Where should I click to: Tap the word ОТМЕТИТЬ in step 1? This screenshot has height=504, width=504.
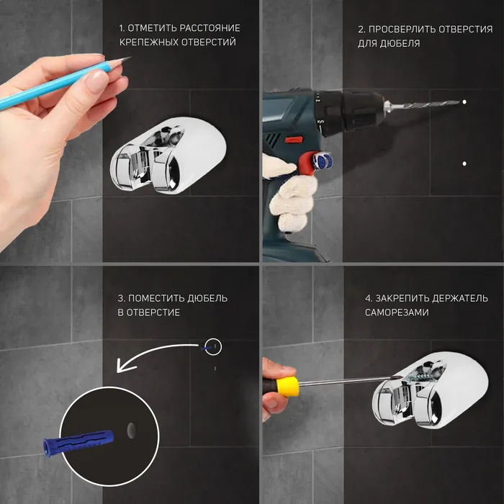[x=152, y=28]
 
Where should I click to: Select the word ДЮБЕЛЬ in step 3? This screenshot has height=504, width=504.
[x=207, y=298]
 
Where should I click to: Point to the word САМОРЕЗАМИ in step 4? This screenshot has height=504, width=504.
[x=397, y=312]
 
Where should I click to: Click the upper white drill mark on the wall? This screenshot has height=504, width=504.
[x=464, y=102]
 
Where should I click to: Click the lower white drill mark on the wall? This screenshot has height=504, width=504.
[x=464, y=163]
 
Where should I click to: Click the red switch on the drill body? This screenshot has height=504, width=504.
[x=294, y=140]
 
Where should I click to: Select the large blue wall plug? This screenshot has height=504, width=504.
[x=78, y=442]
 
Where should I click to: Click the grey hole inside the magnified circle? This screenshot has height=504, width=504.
[x=131, y=431]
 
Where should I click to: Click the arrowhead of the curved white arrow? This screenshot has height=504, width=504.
[x=123, y=366]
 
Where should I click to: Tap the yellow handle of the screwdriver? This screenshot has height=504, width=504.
[x=287, y=387]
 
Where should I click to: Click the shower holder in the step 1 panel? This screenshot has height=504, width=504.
[x=168, y=156]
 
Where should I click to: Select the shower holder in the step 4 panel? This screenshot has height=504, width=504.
[x=431, y=390]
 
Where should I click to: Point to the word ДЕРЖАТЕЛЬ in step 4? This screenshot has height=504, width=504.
[x=459, y=298]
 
